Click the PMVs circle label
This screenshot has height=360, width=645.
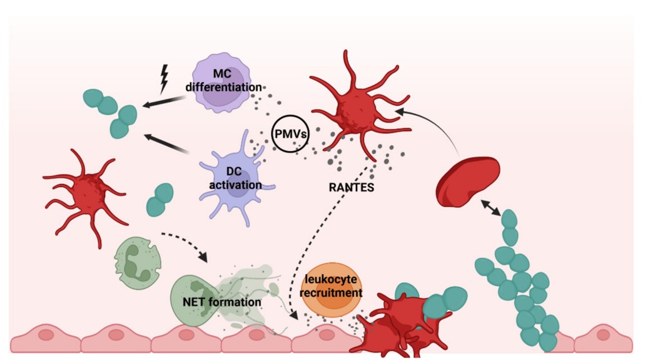290,134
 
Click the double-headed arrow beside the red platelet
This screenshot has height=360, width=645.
491,207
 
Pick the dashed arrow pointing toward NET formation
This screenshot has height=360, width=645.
185,245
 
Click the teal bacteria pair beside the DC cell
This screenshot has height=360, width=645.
160,199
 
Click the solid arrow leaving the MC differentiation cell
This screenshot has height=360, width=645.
166,101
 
